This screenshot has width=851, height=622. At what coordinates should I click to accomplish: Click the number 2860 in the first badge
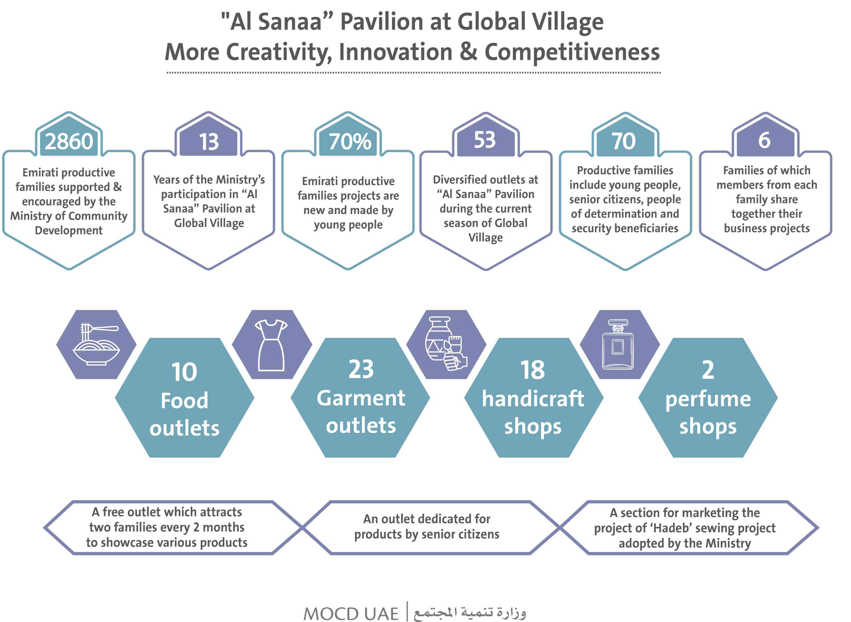pos(69,141)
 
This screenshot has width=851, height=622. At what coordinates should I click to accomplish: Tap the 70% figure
pos(350,141)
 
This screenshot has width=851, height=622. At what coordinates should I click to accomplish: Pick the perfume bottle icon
pos(618,344)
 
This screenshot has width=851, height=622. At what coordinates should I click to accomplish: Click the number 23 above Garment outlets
pos(361,369)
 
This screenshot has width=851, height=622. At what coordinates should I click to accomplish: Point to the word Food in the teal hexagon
pos(184,400)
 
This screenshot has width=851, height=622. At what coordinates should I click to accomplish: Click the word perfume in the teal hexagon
pos(708,399)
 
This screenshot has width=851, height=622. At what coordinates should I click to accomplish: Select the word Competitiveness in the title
pos(572,52)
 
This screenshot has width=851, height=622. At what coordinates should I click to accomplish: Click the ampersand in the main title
pos(468,52)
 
